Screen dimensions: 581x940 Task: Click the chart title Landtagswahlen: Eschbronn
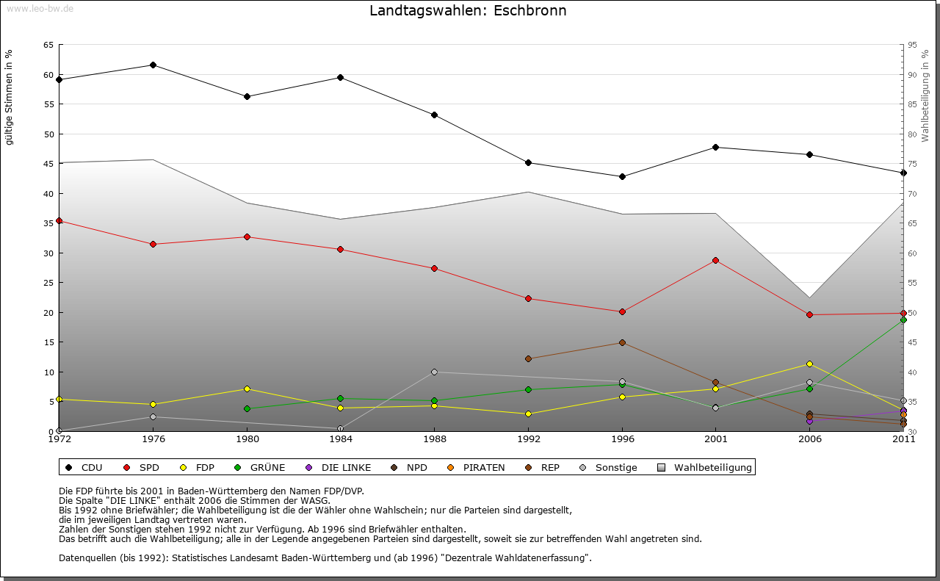click(468, 11)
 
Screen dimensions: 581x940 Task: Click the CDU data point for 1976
click(153, 65)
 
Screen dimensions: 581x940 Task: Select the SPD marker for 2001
click(715, 261)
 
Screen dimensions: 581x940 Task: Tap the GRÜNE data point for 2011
click(903, 320)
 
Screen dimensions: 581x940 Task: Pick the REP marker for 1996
click(622, 343)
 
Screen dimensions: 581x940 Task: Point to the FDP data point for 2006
click(809, 364)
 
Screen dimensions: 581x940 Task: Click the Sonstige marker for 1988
click(434, 372)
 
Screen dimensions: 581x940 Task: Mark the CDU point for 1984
click(341, 78)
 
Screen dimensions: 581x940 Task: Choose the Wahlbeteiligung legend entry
click(704, 468)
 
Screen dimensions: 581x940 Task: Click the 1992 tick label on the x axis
click(528, 439)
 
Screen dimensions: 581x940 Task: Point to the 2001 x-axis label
click(715, 439)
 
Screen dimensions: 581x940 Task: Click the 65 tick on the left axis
click(48, 46)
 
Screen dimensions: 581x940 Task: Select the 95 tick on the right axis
click(913, 46)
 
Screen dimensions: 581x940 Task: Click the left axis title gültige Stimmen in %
click(10, 98)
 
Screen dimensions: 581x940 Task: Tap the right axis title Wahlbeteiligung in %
click(925, 95)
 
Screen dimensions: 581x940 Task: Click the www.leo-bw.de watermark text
click(40, 8)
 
